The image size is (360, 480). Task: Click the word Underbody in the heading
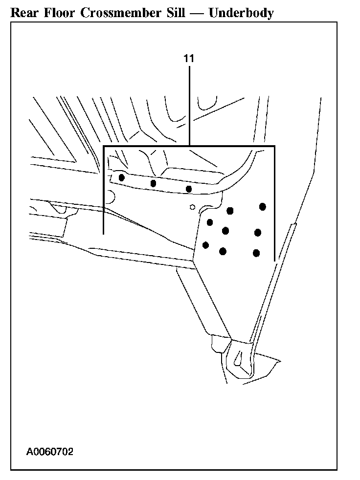241,13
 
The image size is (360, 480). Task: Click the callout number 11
189,58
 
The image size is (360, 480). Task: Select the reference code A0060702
50,452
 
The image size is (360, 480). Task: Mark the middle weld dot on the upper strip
153,183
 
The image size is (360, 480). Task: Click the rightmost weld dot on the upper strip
188,189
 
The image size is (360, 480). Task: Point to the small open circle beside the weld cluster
193,207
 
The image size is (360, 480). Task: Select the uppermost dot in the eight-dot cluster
263,206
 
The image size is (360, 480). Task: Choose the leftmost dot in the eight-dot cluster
206,245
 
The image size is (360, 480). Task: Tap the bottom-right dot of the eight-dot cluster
256,253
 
